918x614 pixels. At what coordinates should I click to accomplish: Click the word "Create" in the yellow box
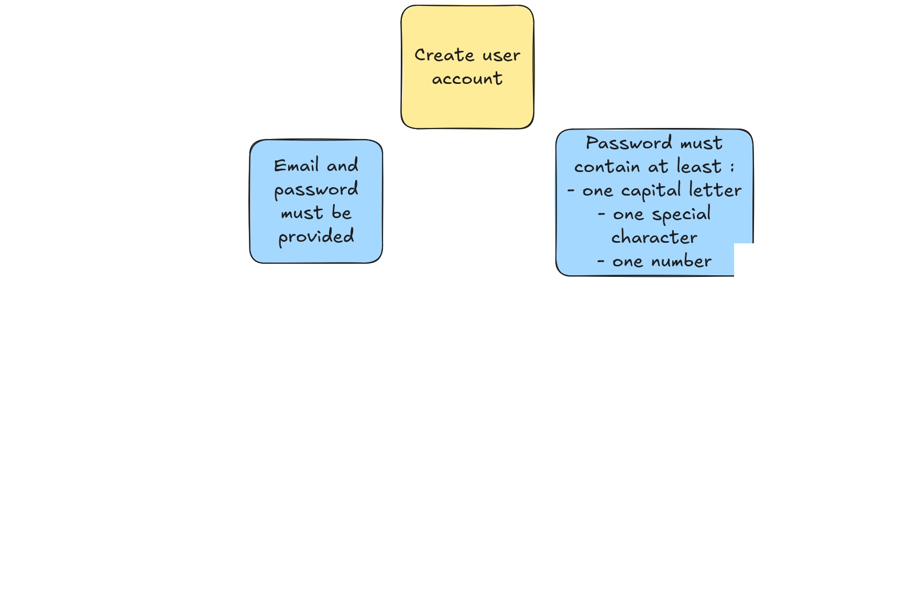coord(444,55)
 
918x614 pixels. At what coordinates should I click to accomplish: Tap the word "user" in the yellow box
coord(501,56)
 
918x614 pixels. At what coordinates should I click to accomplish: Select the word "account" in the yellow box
coord(467,79)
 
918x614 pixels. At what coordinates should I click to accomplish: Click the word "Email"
coord(297,165)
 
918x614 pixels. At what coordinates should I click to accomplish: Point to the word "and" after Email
coord(343,165)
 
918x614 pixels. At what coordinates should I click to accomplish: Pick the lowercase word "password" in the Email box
coord(316,190)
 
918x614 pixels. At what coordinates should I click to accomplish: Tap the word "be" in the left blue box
coord(342,212)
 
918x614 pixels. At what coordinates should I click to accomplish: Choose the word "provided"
coord(316,237)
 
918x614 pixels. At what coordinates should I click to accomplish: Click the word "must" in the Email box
coord(302,213)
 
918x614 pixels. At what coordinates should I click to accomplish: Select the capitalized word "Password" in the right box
coord(629,143)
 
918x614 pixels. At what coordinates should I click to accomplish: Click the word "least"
coord(700,166)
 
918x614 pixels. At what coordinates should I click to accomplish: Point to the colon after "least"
coord(732,168)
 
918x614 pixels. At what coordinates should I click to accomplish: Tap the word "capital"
coord(651,191)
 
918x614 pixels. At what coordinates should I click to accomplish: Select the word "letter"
coord(715,190)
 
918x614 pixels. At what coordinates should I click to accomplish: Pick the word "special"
coord(682,214)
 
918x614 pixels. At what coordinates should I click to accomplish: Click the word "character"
coord(654,238)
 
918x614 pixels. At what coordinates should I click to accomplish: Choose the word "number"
coord(682,261)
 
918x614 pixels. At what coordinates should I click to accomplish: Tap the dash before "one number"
coord(601,261)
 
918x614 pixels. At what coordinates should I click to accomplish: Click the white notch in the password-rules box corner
coord(744,260)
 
